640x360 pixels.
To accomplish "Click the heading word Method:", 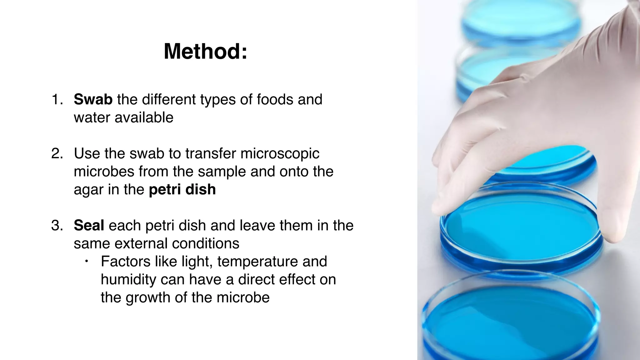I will click(205, 52).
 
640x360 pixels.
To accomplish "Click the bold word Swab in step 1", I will click(93, 100).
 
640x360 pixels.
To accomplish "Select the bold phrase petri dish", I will click(182, 190).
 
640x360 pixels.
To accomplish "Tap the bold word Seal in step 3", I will click(89, 226).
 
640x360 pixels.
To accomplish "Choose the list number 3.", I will click(57, 226).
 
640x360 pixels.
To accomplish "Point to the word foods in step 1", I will click(275, 100).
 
